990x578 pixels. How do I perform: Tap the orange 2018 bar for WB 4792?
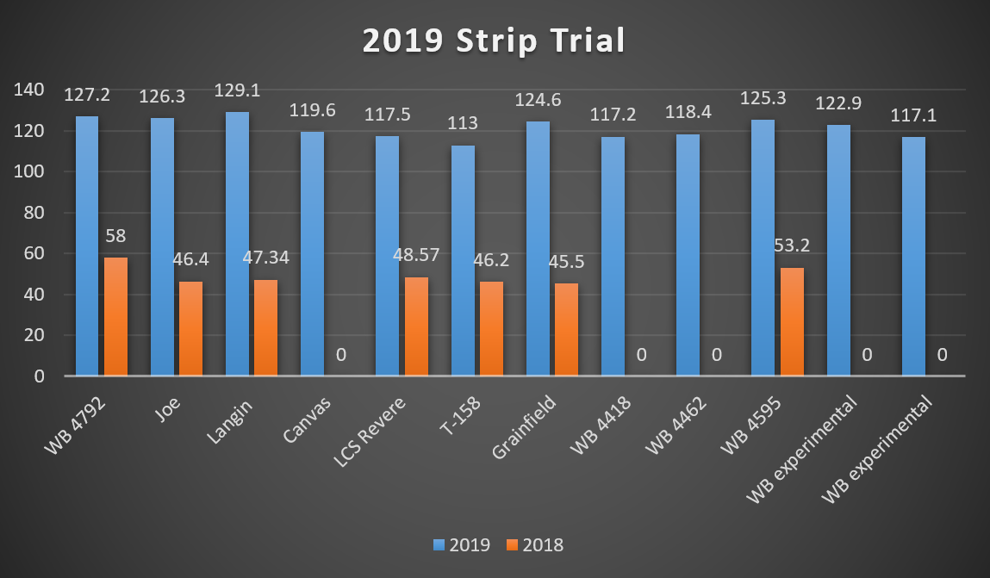point(115,316)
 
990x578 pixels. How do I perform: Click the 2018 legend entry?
point(535,544)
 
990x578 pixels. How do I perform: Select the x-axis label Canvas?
point(304,412)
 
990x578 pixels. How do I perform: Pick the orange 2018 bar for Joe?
point(190,328)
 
